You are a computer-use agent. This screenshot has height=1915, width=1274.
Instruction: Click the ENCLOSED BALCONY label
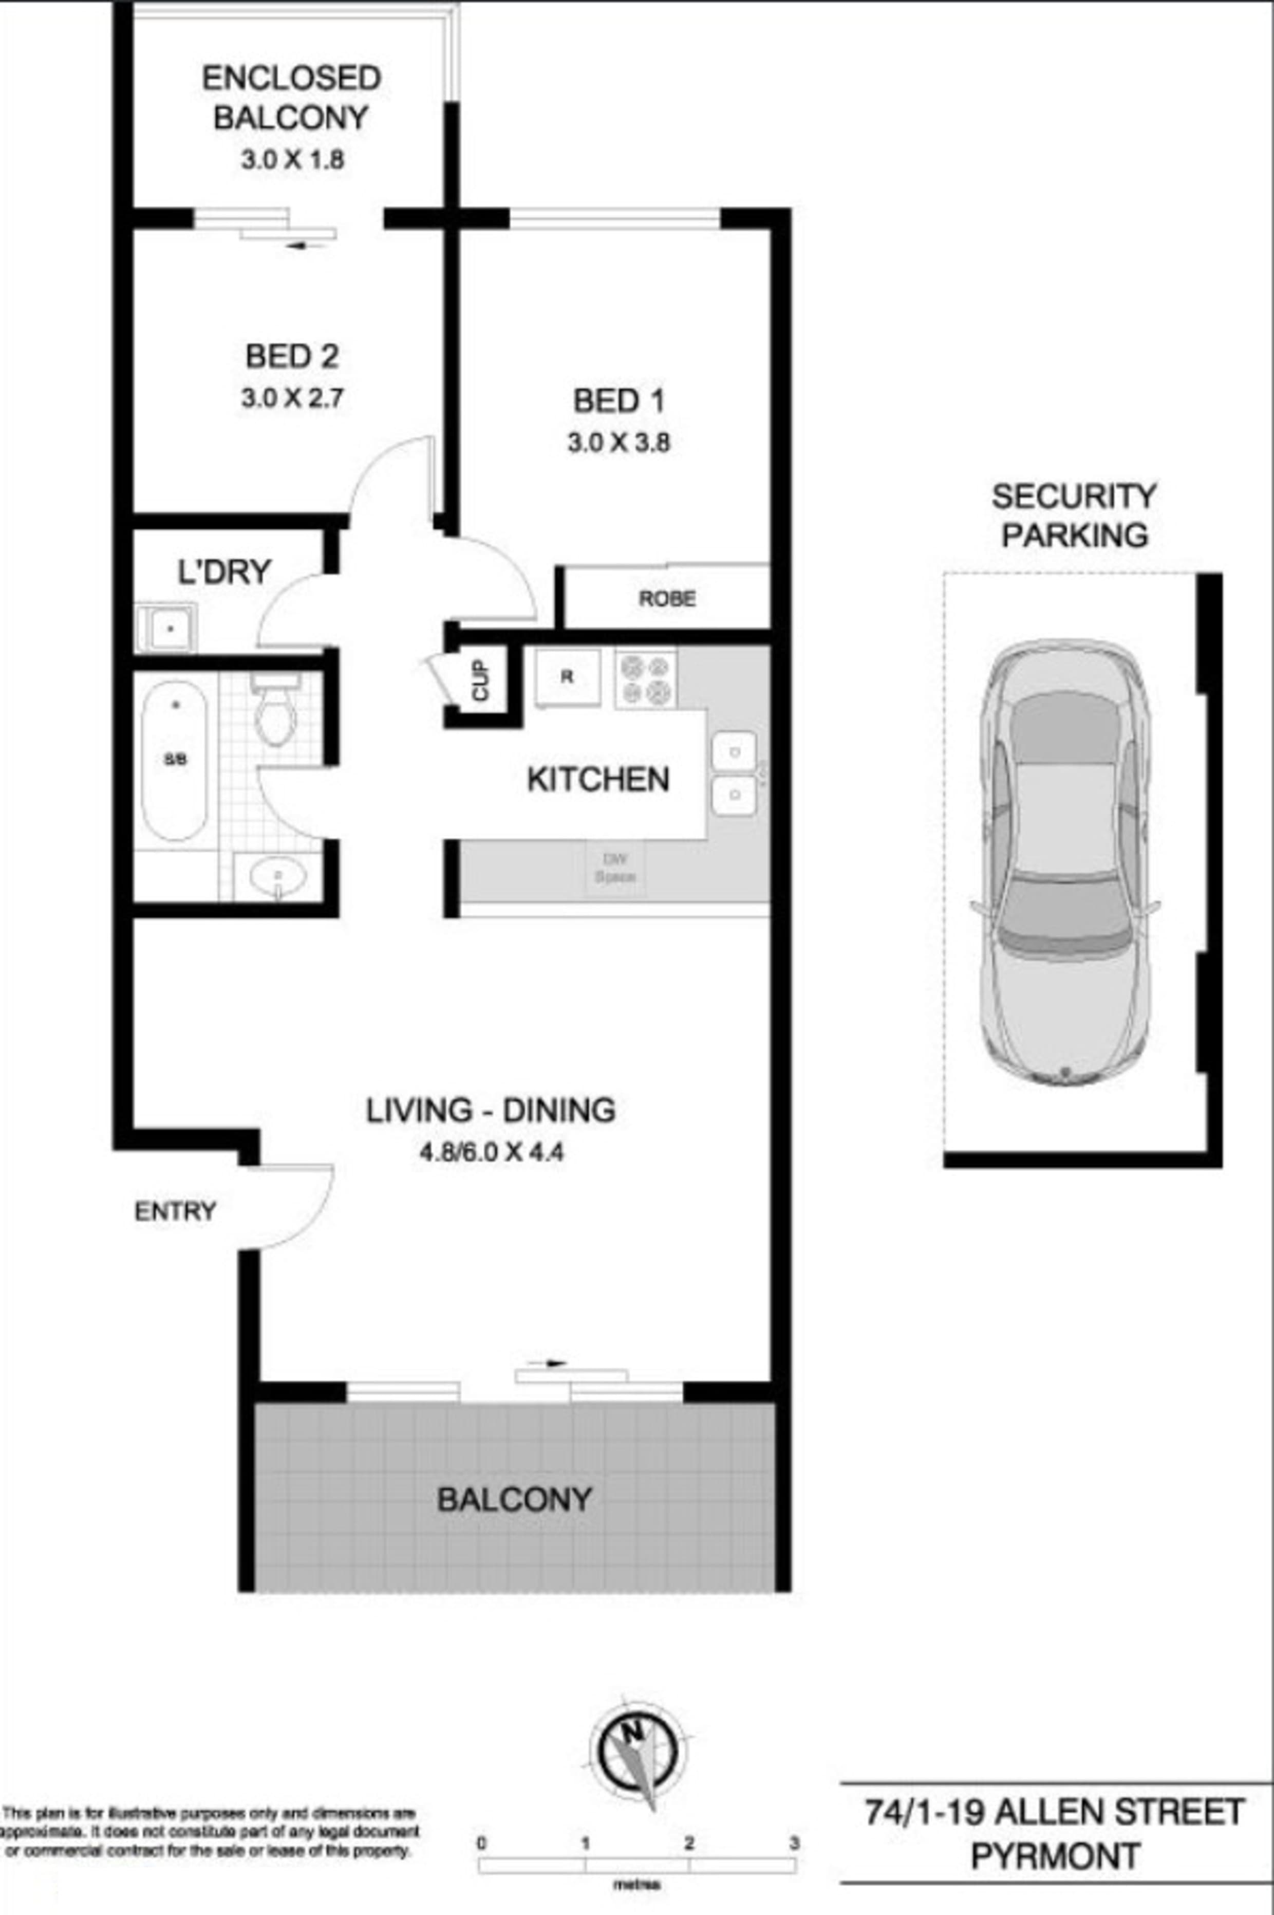pos(291,98)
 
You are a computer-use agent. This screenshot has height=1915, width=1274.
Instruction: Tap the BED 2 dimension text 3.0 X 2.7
pos(292,398)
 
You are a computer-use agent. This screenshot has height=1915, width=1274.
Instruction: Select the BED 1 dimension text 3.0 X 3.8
pos(619,443)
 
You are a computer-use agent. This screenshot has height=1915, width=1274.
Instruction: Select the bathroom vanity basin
pos(278,876)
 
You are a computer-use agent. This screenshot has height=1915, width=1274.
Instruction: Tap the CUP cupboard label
pos(481,680)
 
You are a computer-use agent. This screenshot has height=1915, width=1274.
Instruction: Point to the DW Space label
pos(615,868)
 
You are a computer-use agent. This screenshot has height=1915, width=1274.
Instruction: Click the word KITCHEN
pos(598,780)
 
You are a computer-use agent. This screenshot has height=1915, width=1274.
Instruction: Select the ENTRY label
pos(175,1211)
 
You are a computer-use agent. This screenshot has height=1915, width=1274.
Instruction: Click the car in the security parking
pos(1064,861)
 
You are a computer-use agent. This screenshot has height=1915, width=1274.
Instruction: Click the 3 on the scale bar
pos(794,1844)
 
